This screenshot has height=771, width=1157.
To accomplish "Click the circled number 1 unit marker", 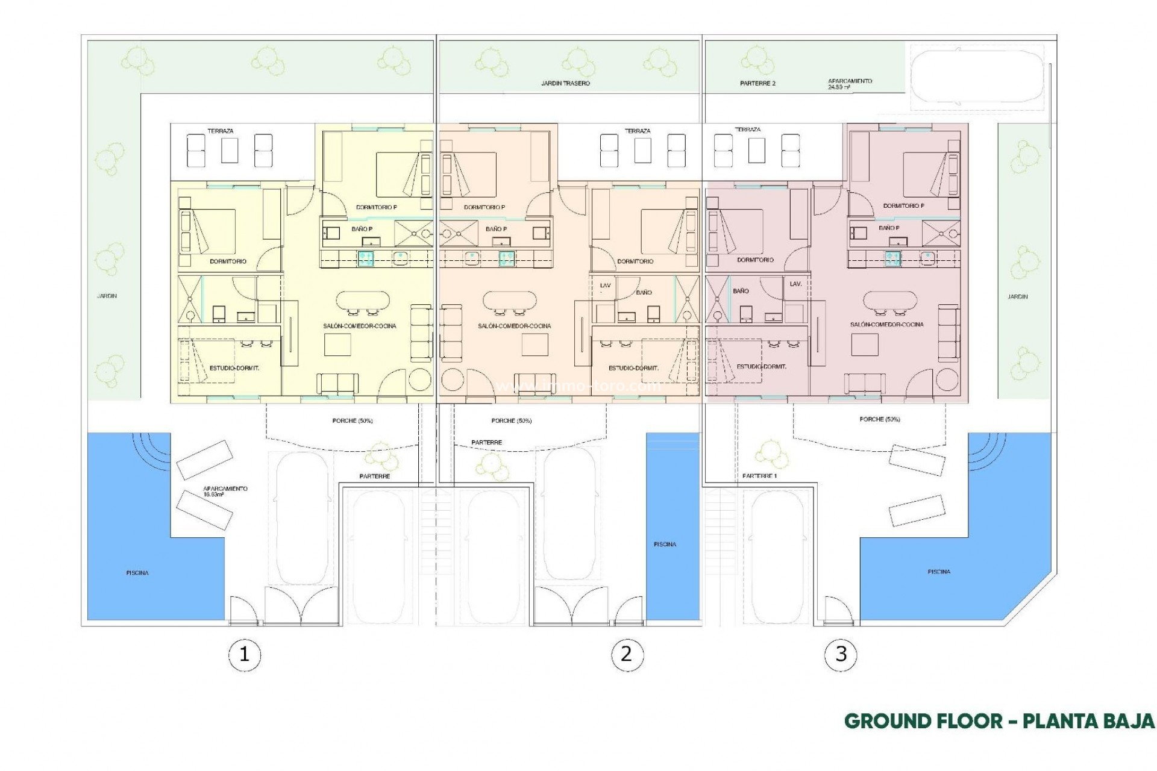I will (244, 654).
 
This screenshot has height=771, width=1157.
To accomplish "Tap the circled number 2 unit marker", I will (626, 654).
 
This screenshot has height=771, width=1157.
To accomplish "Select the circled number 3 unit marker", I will (841, 654).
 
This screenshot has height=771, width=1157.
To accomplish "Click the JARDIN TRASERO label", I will (565, 83).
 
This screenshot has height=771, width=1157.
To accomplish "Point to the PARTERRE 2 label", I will (757, 83).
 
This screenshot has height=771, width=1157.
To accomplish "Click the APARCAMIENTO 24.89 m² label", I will (850, 84).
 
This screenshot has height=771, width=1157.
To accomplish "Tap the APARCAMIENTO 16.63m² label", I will (225, 492).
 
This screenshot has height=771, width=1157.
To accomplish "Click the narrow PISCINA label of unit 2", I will (665, 544).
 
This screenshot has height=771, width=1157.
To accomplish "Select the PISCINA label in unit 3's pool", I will (939, 572).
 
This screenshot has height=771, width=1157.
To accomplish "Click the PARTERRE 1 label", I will (760, 476).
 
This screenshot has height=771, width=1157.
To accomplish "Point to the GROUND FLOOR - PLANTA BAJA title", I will (999, 721).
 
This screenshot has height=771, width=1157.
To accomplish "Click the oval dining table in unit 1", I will (362, 301).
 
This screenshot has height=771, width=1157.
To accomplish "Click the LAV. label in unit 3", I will (795, 284).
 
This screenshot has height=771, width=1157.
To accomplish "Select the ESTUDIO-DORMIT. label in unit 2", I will (633, 368).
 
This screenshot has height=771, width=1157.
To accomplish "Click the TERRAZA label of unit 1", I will (220, 131).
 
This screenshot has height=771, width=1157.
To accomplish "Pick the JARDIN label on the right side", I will (1018, 296).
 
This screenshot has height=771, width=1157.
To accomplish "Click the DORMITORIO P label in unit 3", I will (904, 205).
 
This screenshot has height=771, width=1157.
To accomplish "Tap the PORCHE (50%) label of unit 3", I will (880, 419).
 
